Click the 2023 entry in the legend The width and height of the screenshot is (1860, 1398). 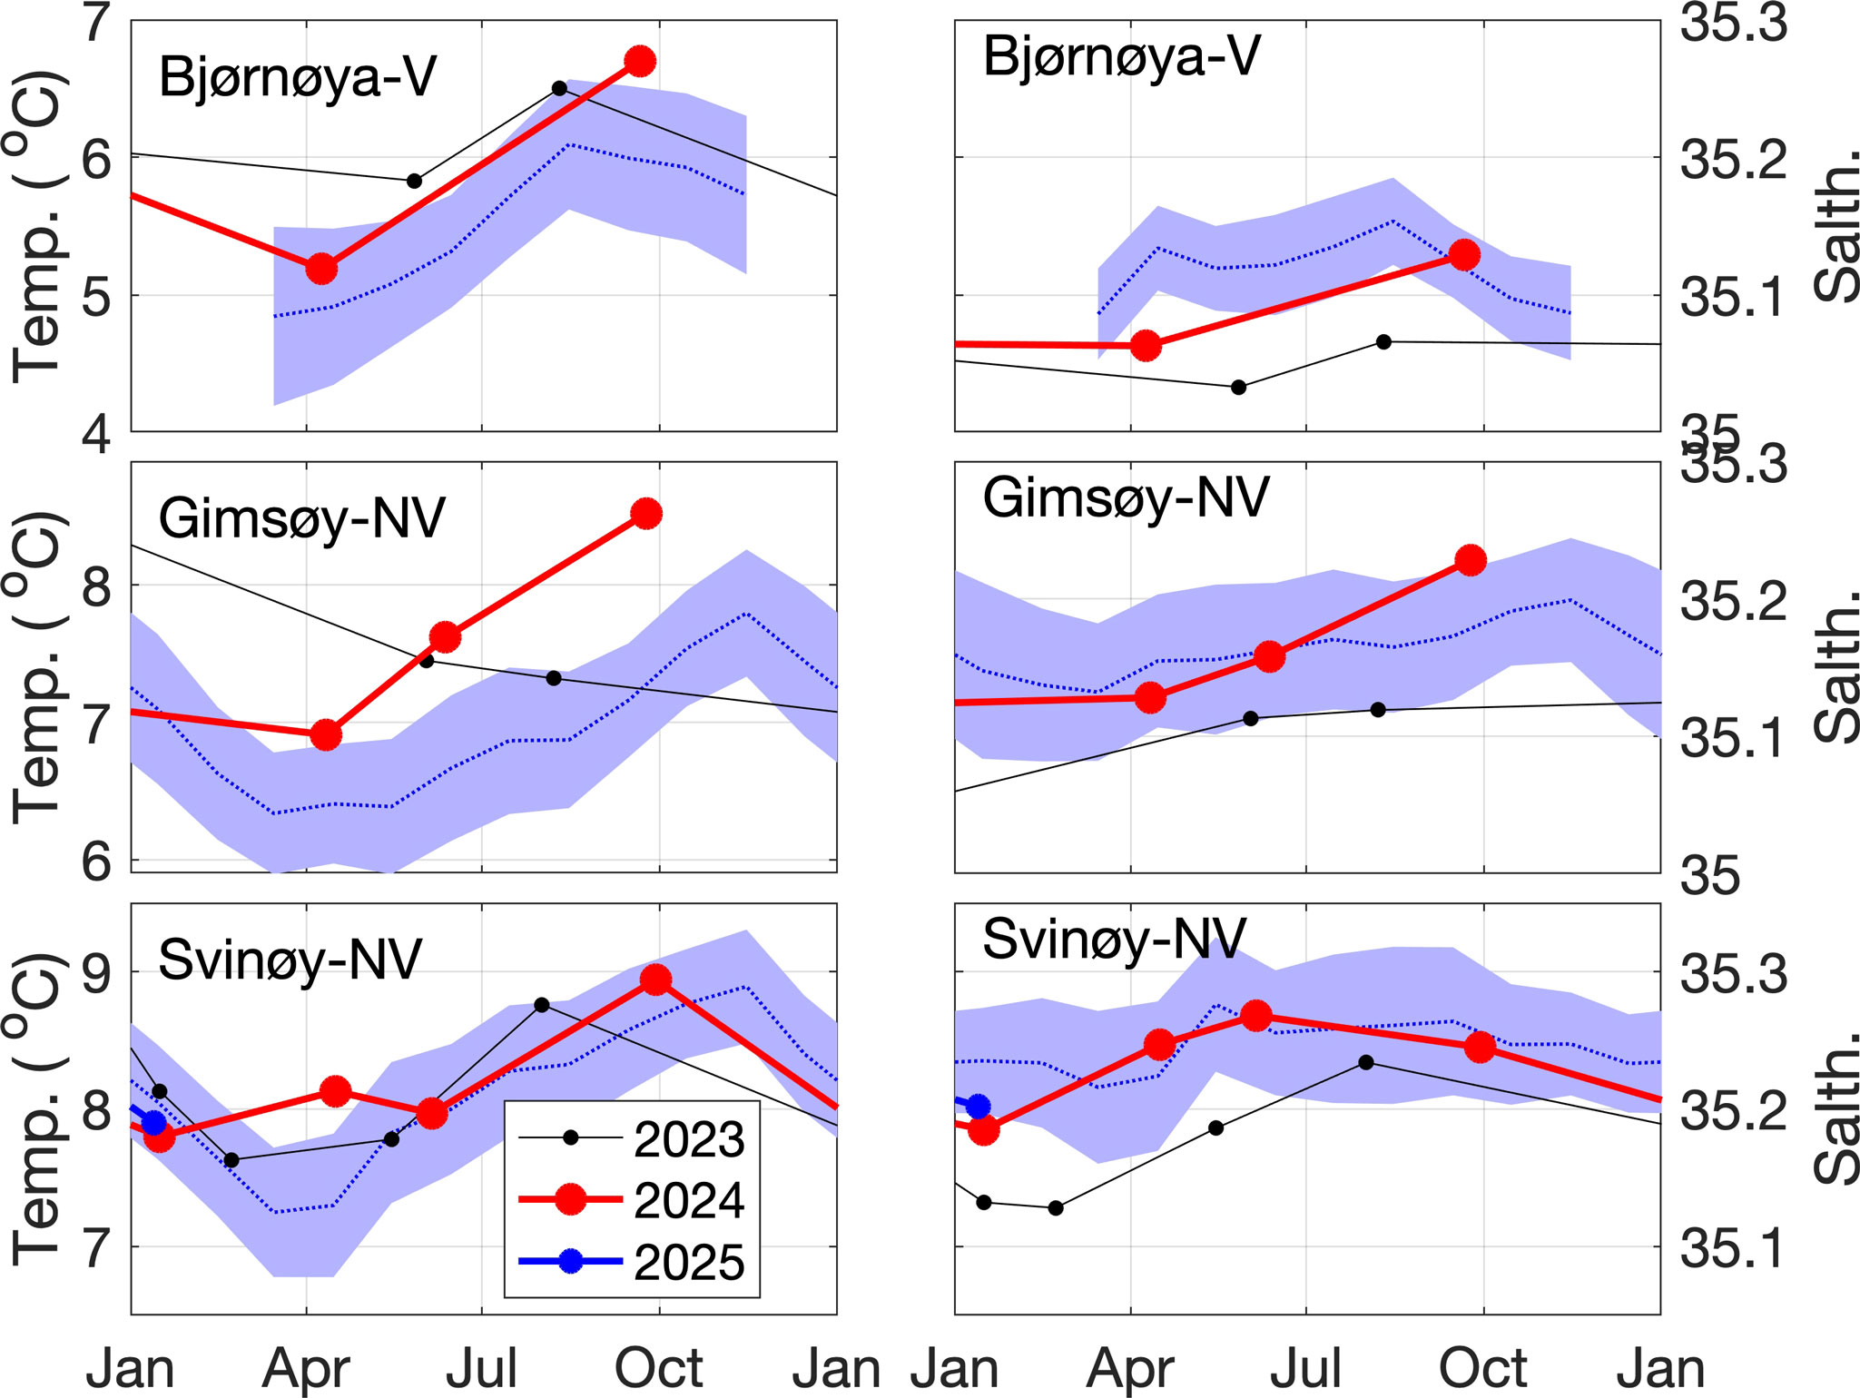[688, 1139]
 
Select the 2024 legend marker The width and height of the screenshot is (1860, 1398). [570, 1199]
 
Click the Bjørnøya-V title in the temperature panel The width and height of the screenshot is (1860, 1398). [298, 76]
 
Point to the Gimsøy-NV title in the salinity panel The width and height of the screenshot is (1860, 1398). [1126, 498]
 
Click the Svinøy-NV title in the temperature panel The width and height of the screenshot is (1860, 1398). [290, 960]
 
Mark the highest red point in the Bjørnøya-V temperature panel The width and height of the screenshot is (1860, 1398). [641, 62]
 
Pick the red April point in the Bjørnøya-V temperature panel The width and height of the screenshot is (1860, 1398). [321, 269]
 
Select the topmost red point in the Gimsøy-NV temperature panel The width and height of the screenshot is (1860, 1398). [646, 514]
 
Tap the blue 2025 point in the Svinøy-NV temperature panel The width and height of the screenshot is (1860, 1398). [154, 1123]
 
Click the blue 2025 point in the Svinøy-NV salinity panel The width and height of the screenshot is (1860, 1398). [978, 1106]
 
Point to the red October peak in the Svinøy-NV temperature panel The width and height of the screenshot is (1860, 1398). [655, 980]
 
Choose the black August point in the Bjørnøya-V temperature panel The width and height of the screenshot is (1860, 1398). [559, 88]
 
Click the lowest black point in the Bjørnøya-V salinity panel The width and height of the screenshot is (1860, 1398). [1238, 387]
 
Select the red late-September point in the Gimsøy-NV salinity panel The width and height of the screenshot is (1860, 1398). [1471, 561]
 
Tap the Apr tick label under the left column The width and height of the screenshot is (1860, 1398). [306, 1368]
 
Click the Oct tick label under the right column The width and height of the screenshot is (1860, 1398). [1483, 1368]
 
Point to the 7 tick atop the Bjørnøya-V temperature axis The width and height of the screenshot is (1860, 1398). [97, 24]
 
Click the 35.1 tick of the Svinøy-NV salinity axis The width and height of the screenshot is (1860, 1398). [1733, 1249]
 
